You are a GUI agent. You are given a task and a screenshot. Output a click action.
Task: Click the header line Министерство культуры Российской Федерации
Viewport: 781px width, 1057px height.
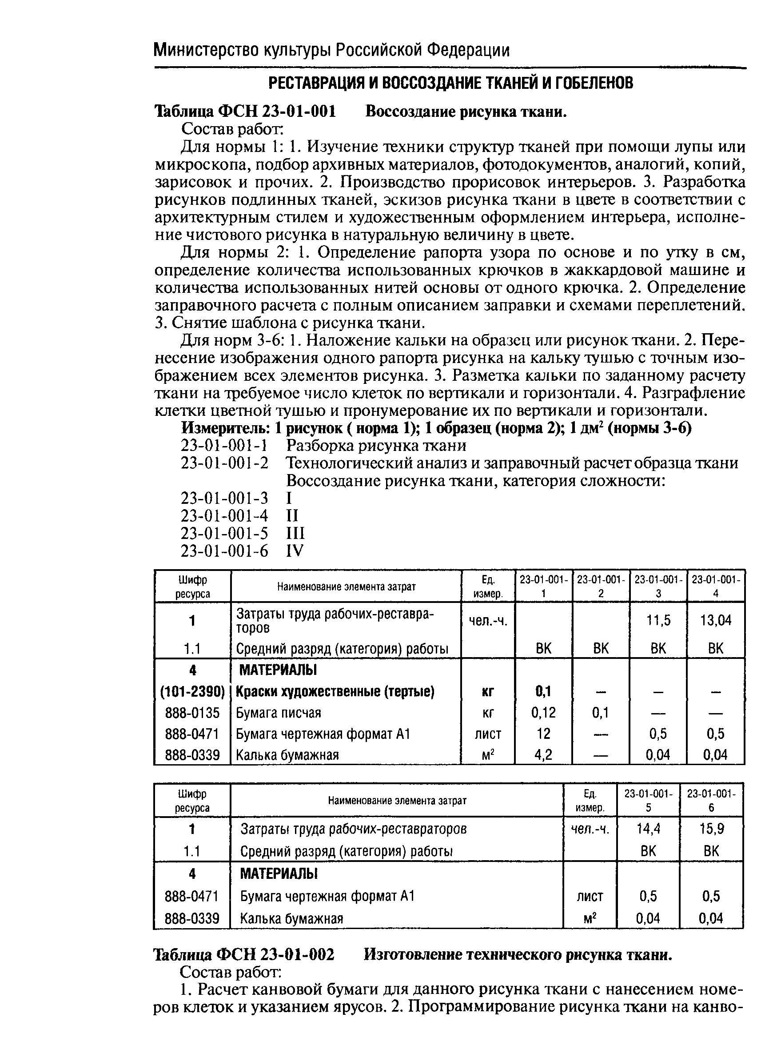[331, 50]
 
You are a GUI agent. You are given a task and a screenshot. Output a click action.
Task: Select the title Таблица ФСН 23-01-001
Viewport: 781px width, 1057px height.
[245, 112]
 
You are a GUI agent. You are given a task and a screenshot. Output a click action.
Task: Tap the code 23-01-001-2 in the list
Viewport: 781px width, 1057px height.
[224, 463]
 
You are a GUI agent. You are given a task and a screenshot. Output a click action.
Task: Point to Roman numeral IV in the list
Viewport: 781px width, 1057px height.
[295, 551]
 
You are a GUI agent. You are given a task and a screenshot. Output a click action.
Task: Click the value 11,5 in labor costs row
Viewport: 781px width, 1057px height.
[658, 620]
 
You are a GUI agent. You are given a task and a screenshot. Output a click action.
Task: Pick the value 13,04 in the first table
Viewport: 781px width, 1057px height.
[715, 620]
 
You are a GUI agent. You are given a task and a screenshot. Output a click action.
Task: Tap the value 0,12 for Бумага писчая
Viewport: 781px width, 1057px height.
[543, 712]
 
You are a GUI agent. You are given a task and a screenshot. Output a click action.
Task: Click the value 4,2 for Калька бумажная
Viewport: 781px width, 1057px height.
[543, 754]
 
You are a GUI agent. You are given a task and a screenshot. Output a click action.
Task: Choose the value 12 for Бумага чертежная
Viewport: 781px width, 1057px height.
[543, 734]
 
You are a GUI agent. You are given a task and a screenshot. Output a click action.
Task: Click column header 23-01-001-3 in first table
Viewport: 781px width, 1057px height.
[658, 586]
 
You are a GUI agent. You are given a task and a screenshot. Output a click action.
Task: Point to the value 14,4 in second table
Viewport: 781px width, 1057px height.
[648, 829]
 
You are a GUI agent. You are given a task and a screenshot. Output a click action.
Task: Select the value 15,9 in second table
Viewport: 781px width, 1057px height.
[710, 829]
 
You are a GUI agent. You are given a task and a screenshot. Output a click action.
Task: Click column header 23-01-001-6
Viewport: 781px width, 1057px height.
[710, 800]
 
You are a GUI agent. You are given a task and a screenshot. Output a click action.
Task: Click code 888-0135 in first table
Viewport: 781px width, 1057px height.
[192, 713]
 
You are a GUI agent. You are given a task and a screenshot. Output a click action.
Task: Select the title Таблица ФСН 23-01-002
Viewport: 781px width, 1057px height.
[244, 955]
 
